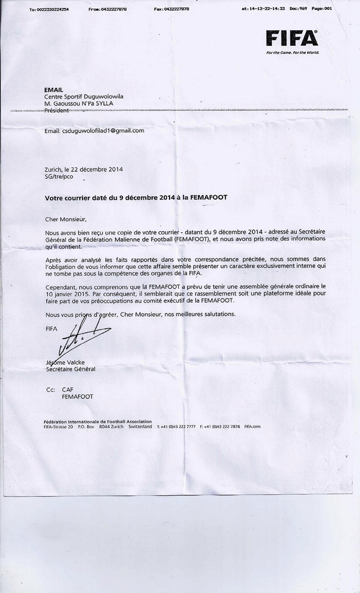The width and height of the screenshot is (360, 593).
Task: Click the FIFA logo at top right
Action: point(292,39)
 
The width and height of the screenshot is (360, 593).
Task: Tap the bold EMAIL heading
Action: point(53,89)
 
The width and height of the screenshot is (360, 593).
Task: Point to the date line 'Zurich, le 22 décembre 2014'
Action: point(84,170)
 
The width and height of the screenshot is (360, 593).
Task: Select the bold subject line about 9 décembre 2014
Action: point(136,197)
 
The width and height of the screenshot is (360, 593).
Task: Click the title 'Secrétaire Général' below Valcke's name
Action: point(70,369)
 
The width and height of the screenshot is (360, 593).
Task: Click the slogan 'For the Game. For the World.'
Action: point(293,52)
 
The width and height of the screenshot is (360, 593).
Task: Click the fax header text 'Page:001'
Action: point(322,9)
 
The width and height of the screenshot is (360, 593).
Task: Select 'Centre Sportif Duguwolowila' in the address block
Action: point(84,96)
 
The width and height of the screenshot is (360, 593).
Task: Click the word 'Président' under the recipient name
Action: point(56,110)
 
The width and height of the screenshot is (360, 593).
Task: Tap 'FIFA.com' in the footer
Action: point(253,426)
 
